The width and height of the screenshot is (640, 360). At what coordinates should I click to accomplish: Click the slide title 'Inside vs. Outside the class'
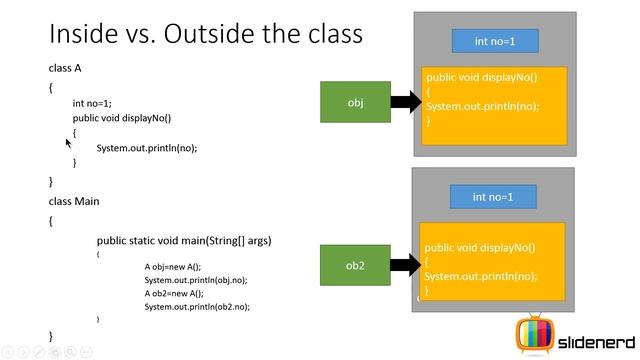pyautogui.click(x=205, y=34)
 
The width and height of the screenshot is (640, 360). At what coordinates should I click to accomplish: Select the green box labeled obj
pyautogui.click(x=355, y=102)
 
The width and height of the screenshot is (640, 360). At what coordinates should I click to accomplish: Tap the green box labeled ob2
pyautogui.click(x=355, y=265)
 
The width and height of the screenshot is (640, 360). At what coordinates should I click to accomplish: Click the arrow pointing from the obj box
pyautogui.click(x=405, y=102)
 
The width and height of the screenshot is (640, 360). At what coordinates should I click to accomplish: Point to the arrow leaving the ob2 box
pyautogui.click(x=405, y=265)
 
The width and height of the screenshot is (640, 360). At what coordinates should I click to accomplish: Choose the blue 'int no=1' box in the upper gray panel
pyautogui.click(x=495, y=41)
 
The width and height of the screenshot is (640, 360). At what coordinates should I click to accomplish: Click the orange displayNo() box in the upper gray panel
pyautogui.click(x=494, y=105)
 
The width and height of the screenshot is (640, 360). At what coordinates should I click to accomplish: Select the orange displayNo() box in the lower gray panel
pyautogui.click(x=492, y=262)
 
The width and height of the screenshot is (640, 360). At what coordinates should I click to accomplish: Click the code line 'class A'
pyautogui.click(x=65, y=68)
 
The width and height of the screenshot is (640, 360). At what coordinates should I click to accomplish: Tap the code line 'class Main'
pyautogui.click(x=74, y=201)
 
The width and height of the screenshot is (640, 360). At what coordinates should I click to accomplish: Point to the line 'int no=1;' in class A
pyautogui.click(x=92, y=103)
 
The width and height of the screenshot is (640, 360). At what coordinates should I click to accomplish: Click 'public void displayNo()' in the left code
pyautogui.click(x=122, y=118)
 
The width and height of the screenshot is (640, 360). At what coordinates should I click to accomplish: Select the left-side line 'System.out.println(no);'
pyautogui.click(x=147, y=148)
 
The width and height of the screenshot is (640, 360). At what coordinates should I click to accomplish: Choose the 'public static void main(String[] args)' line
pyautogui.click(x=184, y=241)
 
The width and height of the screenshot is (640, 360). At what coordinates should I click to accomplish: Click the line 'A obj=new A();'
pyautogui.click(x=173, y=267)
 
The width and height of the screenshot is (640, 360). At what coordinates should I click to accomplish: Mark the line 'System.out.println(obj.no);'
pyautogui.click(x=195, y=280)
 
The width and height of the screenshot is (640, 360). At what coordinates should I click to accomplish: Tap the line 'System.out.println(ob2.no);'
pyautogui.click(x=197, y=307)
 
